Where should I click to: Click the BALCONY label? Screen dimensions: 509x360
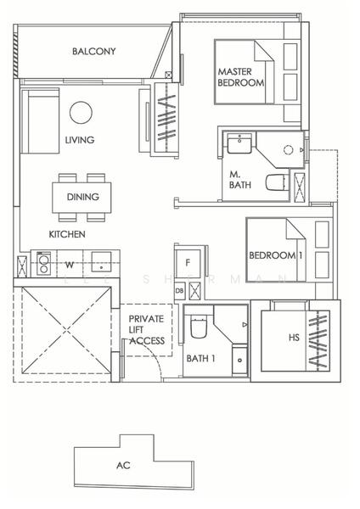(93, 52)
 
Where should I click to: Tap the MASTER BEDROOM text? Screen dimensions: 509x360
(241, 77)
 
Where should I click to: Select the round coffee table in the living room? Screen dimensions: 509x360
(81, 113)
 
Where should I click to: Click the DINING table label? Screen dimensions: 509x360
(82, 197)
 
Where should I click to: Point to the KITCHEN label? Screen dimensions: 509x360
(65, 233)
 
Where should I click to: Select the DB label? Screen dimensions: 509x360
(178, 291)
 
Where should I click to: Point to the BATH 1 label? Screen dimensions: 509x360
(200, 359)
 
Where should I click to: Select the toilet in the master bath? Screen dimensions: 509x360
(274, 182)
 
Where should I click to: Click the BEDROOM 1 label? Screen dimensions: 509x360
(277, 255)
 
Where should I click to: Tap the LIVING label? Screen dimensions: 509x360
(79, 140)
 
